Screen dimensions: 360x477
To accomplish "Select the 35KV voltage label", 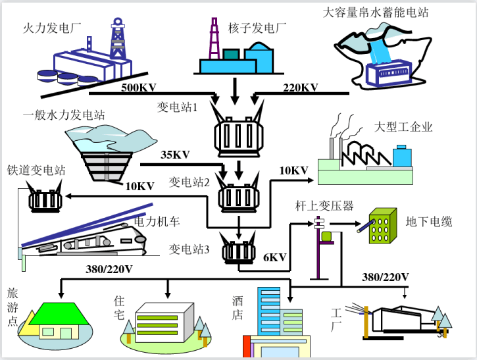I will click(175, 155).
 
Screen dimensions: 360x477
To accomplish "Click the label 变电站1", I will click(177, 107).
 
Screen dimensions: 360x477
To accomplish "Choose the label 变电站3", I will click(189, 249).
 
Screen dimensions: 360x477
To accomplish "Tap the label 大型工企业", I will click(403, 127).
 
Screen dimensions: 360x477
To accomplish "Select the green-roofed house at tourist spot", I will click(58, 319).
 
